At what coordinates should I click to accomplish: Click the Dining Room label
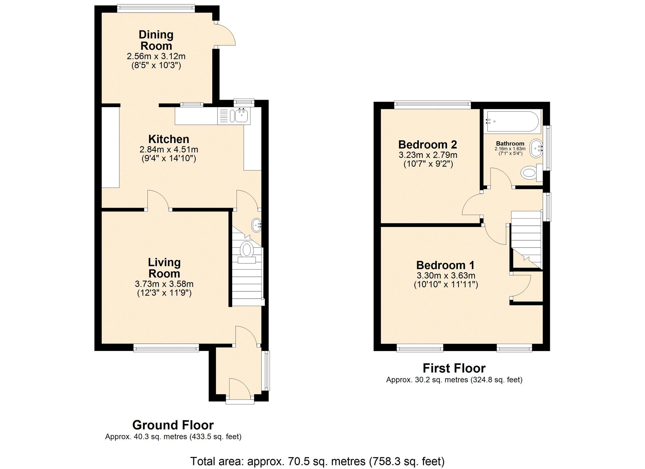point(156,40)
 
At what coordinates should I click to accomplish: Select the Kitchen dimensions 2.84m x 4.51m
point(169,149)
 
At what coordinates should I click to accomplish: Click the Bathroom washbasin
point(536,148)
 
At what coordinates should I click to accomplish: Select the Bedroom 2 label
point(427,145)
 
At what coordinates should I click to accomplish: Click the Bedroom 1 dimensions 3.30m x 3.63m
point(446,275)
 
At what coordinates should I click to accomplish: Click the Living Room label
point(164,268)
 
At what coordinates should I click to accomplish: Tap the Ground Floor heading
point(173,425)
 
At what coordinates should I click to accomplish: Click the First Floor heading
point(454,368)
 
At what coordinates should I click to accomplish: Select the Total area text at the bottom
point(317,461)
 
